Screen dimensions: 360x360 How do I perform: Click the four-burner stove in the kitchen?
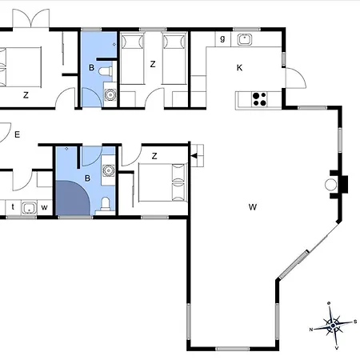(x=259, y=99)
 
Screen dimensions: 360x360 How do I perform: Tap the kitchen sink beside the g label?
(x=245, y=39)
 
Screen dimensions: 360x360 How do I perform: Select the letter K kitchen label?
(x=239, y=68)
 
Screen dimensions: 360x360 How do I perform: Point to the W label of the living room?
(x=253, y=207)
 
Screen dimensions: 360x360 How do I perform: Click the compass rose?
(x=333, y=326)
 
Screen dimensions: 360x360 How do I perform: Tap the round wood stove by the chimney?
(x=330, y=185)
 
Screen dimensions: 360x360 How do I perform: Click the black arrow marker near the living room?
(x=194, y=156)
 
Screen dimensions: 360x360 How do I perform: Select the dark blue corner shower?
(x=73, y=198)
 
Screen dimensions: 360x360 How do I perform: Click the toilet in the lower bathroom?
(x=106, y=204)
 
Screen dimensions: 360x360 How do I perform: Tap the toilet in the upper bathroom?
(x=106, y=71)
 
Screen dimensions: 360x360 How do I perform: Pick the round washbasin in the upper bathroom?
(x=110, y=94)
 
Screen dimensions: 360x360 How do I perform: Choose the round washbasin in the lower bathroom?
(x=108, y=170)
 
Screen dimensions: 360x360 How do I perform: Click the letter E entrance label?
(x=17, y=134)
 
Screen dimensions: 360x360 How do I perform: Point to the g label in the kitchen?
(x=222, y=38)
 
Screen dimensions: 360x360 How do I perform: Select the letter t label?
(x=13, y=206)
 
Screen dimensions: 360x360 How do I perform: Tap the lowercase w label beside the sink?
(x=44, y=207)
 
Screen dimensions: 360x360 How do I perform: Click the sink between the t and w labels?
(x=29, y=208)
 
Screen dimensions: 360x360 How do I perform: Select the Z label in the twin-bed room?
(x=153, y=64)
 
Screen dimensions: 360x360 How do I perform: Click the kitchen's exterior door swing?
(x=296, y=78)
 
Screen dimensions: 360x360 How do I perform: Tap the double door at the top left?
(x=31, y=18)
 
